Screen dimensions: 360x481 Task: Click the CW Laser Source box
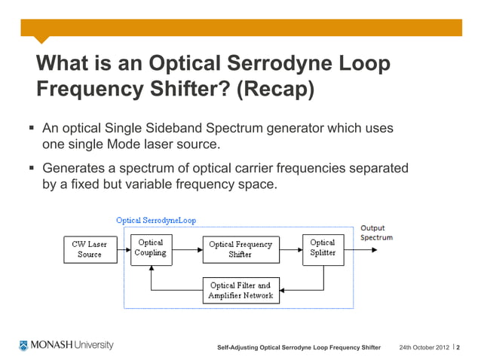[89, 249]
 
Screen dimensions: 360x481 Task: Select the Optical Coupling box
[151, 248]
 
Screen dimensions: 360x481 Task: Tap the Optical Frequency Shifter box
[240, 249]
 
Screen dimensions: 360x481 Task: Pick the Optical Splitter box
[323, 248]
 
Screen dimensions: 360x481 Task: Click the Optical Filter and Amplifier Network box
[240, 291]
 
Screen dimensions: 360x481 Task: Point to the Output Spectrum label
[375, 232]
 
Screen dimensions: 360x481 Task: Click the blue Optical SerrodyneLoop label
[155, 220]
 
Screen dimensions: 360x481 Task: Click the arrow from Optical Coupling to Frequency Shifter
[187, 249]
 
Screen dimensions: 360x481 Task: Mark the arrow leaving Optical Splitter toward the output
[360, 249]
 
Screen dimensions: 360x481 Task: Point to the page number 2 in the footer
[459, 347]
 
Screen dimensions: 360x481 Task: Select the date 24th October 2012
[424, 347]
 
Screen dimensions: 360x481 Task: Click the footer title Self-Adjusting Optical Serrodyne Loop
[299, 347]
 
